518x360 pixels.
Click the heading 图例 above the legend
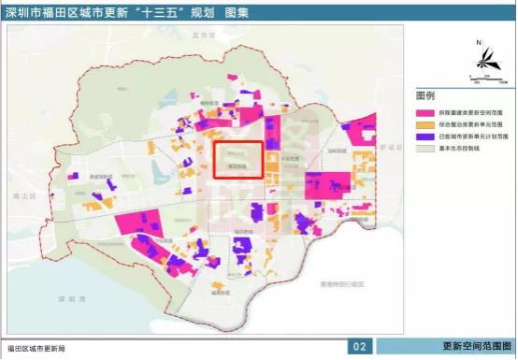pyautogui.click(x=426, y=95)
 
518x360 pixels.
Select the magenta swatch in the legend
pyautogui.click(x=425, y=111)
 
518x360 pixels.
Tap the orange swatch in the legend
pyautogui.click(x=425, y=123)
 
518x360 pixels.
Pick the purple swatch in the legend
pyautogui.click(x=425, y=136)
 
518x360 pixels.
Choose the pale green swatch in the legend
pyautogui.click(x=425, y=148)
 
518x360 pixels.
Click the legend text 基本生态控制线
pyautogui.click(x=460, y=148)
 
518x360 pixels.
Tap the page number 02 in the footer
pyautogui.click(x=359, y=347)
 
